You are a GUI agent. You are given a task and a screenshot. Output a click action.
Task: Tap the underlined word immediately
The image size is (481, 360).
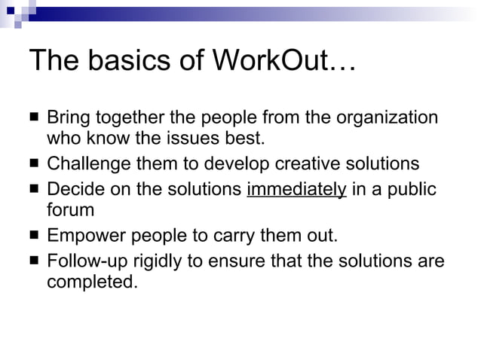296,188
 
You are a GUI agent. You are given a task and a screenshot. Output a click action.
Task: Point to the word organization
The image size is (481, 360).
386,118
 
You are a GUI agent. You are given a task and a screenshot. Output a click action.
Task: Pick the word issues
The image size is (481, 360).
187,139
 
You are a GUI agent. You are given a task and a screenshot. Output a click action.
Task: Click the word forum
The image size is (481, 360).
70,209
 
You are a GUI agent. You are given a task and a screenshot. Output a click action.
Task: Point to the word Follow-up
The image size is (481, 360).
86,261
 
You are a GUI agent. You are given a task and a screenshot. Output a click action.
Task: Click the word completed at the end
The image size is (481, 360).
93,282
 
